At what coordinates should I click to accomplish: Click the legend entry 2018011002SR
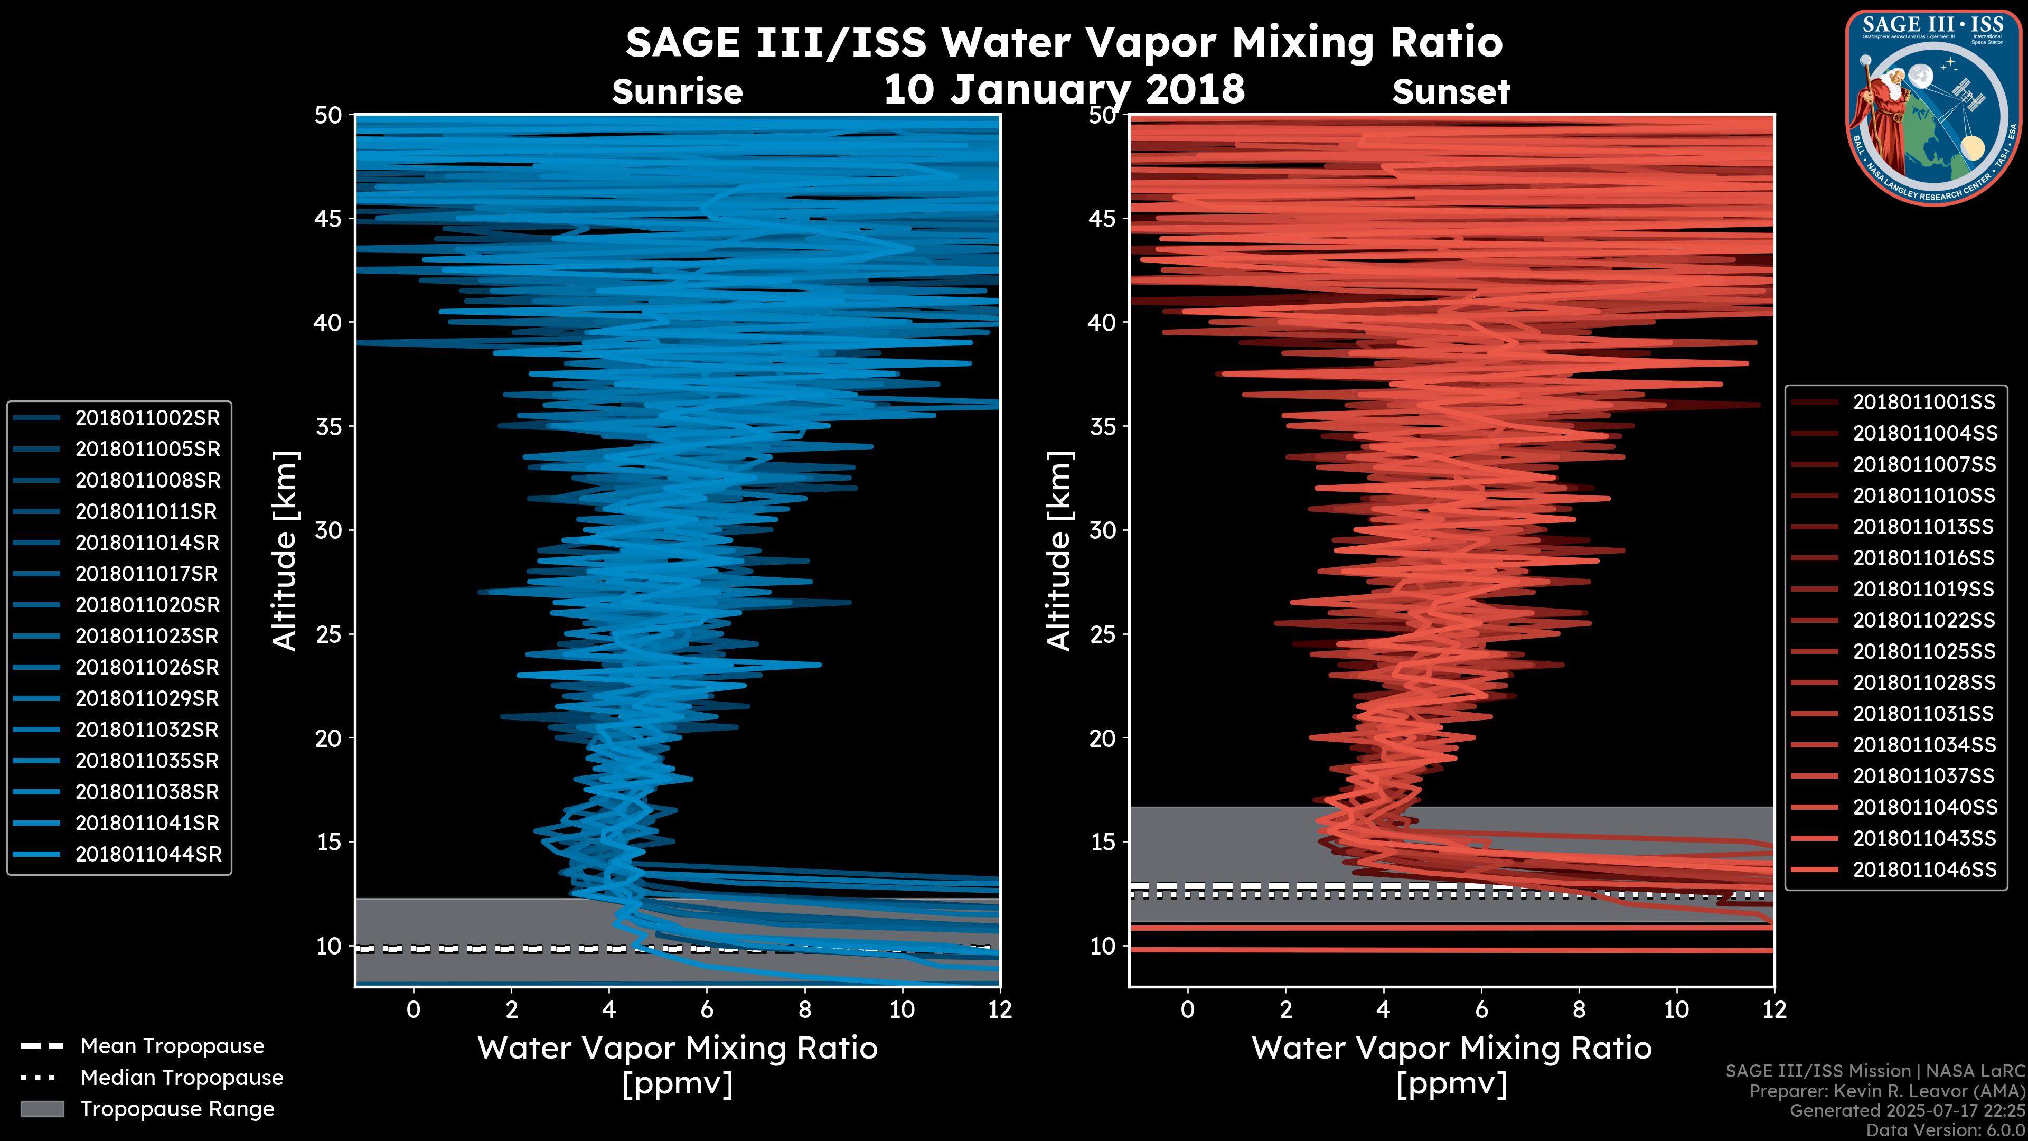coord(147,418)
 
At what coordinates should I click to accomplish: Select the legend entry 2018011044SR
coord(148,854)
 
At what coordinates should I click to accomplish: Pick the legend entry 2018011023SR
coord(147,636)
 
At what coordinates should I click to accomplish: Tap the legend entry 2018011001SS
coord(1923,403)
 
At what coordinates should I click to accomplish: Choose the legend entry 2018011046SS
coord(1924,869)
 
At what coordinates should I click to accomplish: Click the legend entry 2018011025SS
coord(1924,651)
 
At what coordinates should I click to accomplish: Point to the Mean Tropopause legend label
coord(172,1046)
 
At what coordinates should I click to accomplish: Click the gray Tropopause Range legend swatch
coord(42,1109)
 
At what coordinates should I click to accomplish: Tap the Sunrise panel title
coord(677,92)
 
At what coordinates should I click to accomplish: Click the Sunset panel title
coord(1450,92)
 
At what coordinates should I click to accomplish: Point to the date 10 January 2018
coord(1064,89)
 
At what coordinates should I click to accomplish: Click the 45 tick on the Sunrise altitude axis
coord(328,218)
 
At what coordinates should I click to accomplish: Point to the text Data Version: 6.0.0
coord(1946,1130)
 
